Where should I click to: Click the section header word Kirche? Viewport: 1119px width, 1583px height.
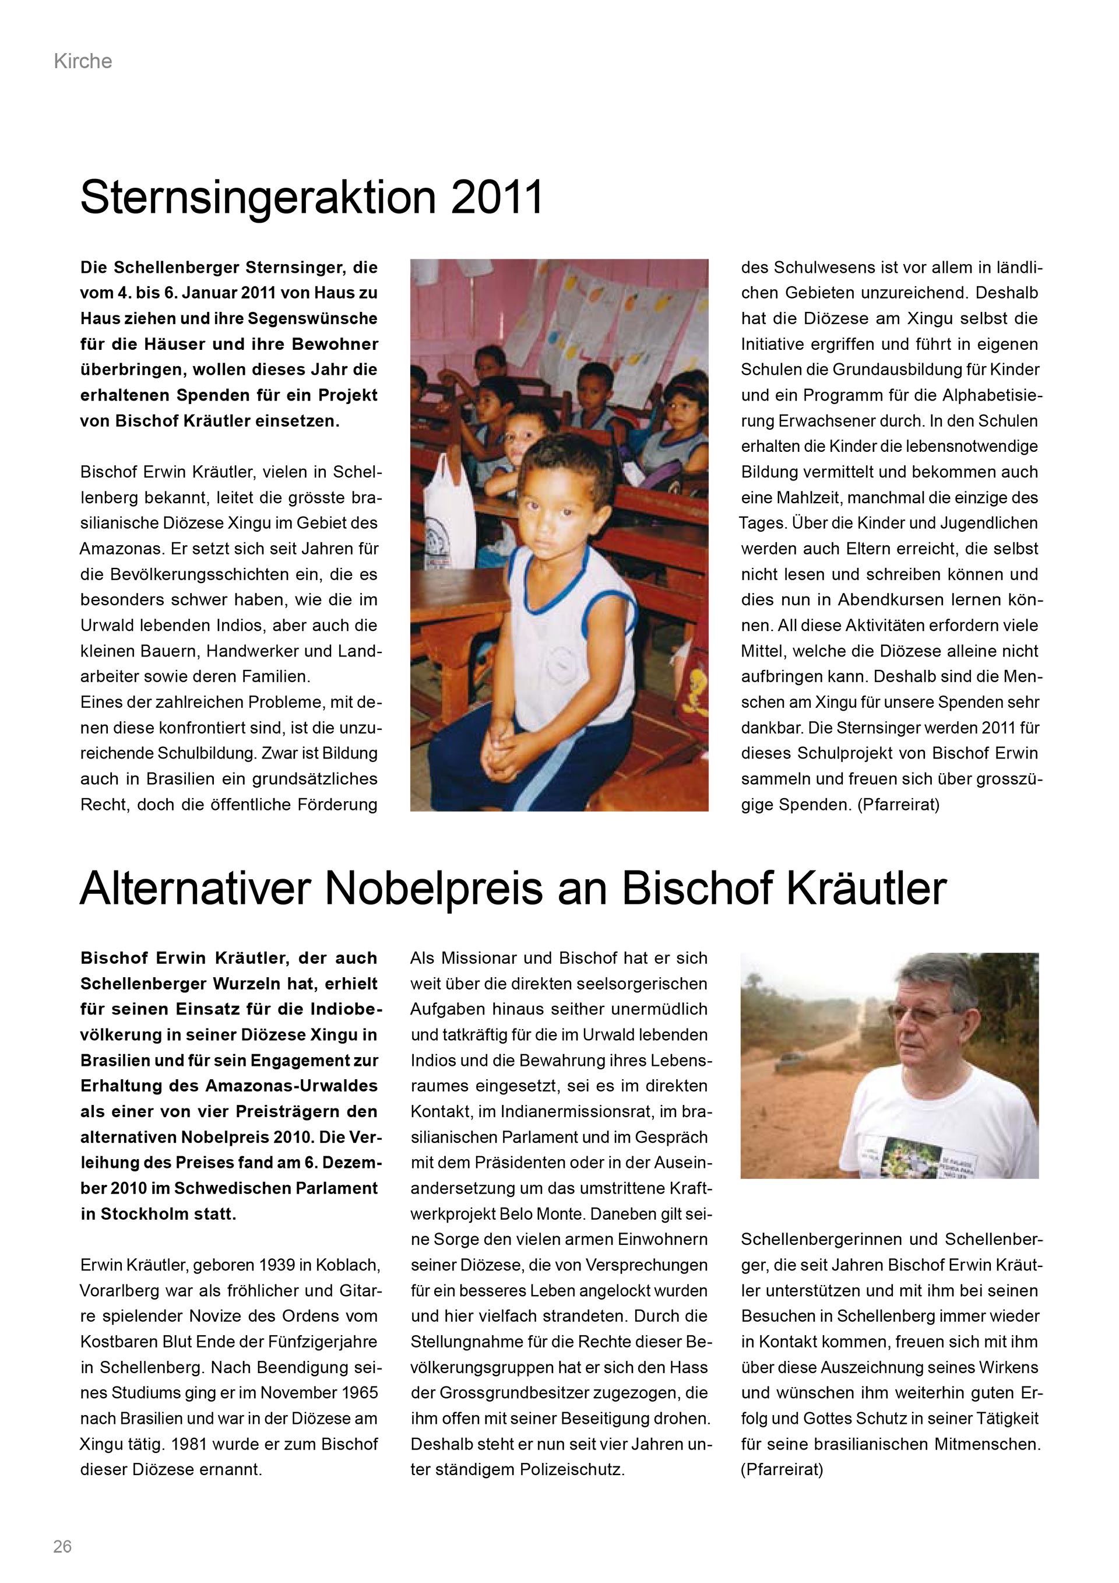pyautogui.click(x=83, y=61)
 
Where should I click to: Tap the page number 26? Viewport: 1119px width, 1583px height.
pyautogui.click(x=63, y=1546)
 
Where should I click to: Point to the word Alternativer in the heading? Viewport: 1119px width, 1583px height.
pyautogui.click(x=195, y=889)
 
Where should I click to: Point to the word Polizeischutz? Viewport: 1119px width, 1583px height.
pyautogui.click(x=572, y=1469)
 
